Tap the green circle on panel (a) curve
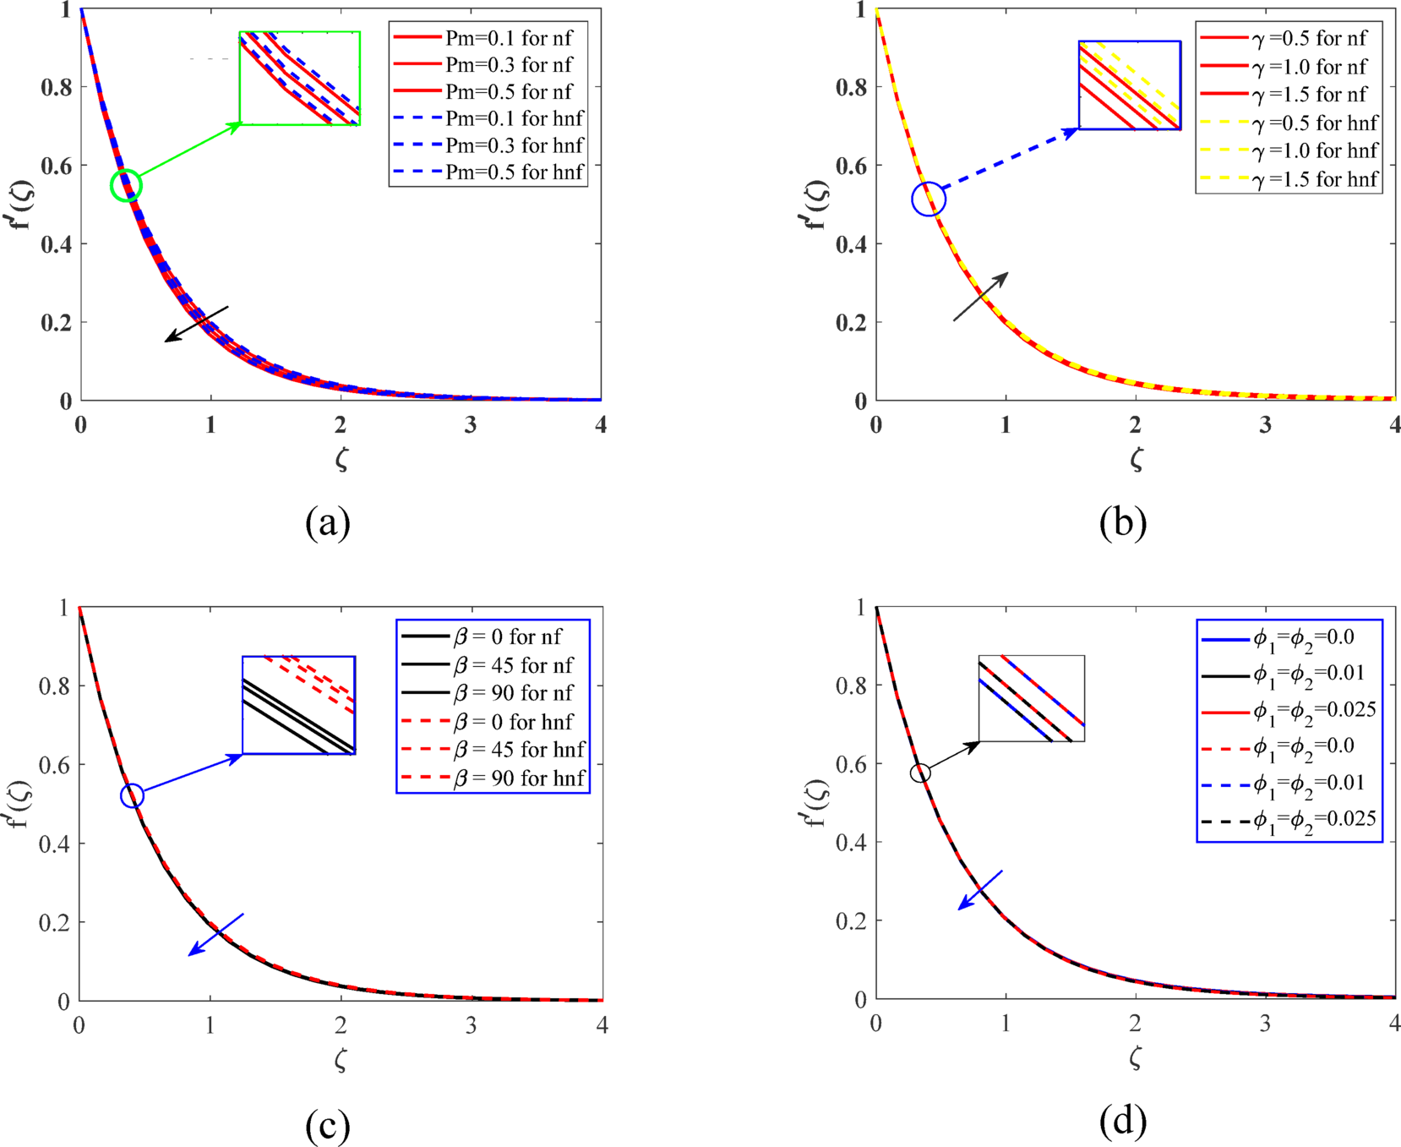126,185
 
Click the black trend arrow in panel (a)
196,324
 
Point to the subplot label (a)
328,522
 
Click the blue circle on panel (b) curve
929,199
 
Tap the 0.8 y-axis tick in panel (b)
850,87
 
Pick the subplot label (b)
1123,522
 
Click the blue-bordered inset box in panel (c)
298,705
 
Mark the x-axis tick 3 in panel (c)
471,1025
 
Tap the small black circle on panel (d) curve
920,773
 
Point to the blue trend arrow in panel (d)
980,890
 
